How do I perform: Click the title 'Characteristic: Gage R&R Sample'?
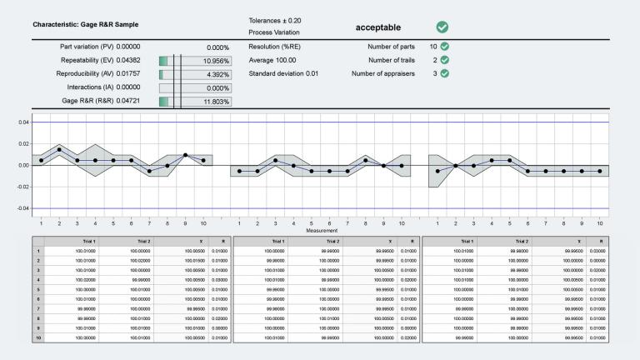coord(86,24)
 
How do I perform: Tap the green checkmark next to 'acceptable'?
coord(442,27)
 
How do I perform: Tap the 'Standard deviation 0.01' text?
coord(283,73)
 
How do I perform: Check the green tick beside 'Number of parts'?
coord(445,47)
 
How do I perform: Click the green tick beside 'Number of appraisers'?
coord(445,73)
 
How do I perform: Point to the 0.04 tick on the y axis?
coord(24,122)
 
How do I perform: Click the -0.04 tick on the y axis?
coord(23,208)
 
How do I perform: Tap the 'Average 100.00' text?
coord(273,60)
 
